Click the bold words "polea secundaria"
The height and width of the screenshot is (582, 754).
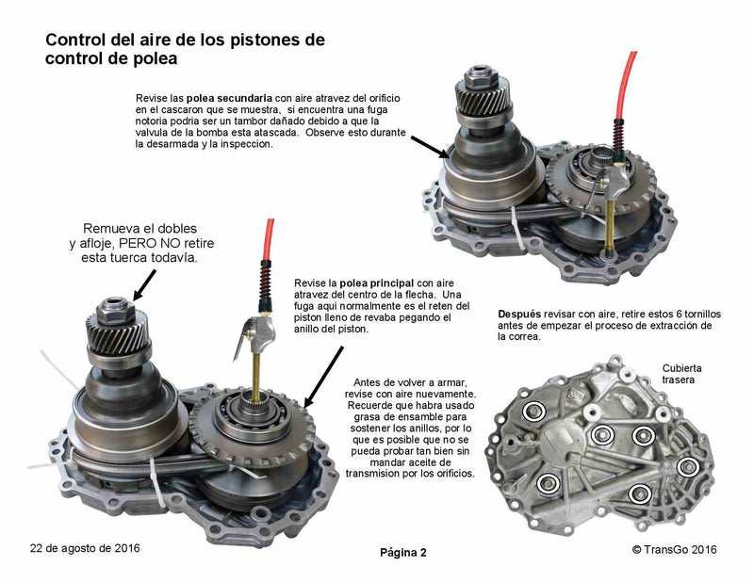point(229,99)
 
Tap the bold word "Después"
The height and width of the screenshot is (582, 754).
point(519,315)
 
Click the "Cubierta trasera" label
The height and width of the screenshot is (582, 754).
point(681,374)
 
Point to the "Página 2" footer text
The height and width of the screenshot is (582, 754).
point(403,553)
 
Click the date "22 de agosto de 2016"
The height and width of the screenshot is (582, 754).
point(85,548)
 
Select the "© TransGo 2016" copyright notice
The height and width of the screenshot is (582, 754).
point(674,549)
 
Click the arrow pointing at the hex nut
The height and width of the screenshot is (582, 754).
point(144,284)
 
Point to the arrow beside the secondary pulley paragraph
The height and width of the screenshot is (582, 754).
point(430,146)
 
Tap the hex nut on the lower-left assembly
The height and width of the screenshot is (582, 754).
point(115,310)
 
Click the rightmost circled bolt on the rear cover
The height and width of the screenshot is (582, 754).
point(688,467)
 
